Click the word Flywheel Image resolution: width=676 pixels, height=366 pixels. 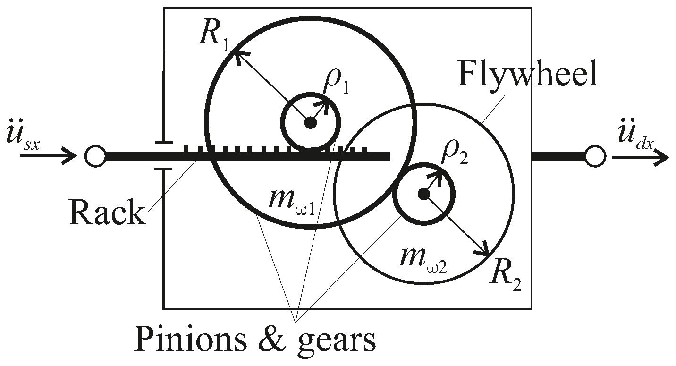tap(527, 74)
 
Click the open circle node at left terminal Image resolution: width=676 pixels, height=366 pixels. tap(95, 156)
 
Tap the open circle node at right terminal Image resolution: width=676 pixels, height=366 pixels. tap(595, 156)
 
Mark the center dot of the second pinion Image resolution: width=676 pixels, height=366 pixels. tap(423, 194)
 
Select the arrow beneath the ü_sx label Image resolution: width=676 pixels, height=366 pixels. tap(47, 155)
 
